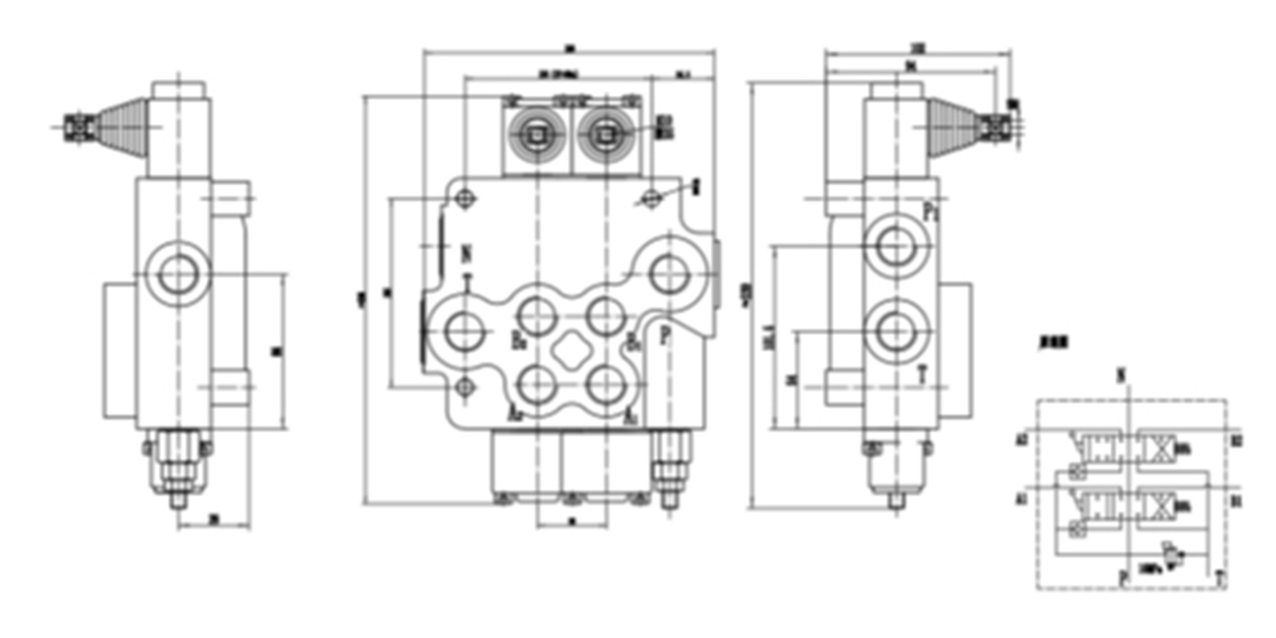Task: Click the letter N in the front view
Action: tap(467, 252)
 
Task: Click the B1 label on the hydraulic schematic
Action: tap(1237, 500)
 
